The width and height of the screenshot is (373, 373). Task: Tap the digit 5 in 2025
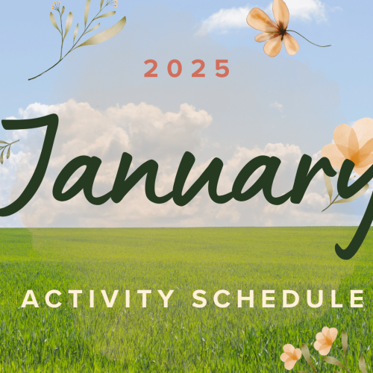click(222, 69)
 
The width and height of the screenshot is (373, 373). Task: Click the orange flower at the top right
click(272, 26)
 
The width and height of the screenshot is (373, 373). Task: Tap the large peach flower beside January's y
click(352, 149)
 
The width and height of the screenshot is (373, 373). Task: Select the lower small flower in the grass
click(292, 355)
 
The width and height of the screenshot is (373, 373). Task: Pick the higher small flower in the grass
click(325, 340)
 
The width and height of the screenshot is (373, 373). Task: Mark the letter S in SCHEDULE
click(200, 298)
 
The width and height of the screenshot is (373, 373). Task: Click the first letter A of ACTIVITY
click(31, 298)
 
